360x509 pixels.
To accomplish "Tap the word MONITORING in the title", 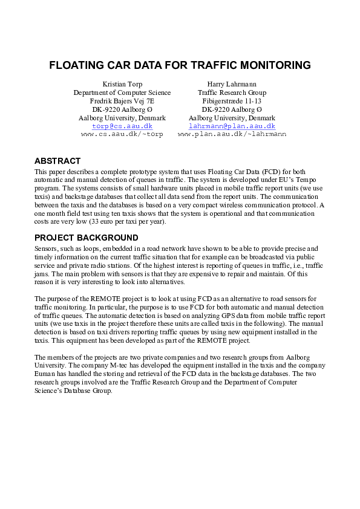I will tap(273, 65).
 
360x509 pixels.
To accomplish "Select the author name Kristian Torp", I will tap(122, 84).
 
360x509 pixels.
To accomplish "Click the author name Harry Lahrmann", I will tap(232, 84).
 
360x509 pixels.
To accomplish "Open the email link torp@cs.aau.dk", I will tap(122, 126).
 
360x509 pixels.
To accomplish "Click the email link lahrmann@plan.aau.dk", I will tap(232, 126).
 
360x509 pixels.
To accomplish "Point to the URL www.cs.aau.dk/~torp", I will tap(122, 135).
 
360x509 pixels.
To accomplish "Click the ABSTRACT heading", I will tap(57, 161).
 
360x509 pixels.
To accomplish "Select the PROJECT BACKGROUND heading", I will tap(87, 238).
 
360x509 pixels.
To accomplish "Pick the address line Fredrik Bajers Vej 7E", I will tap(122, 101).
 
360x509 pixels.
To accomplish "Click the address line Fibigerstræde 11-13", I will tap(232, 101).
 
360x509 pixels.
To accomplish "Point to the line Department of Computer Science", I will tap(122, 92).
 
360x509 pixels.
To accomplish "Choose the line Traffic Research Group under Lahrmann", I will tap(232, 92).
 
